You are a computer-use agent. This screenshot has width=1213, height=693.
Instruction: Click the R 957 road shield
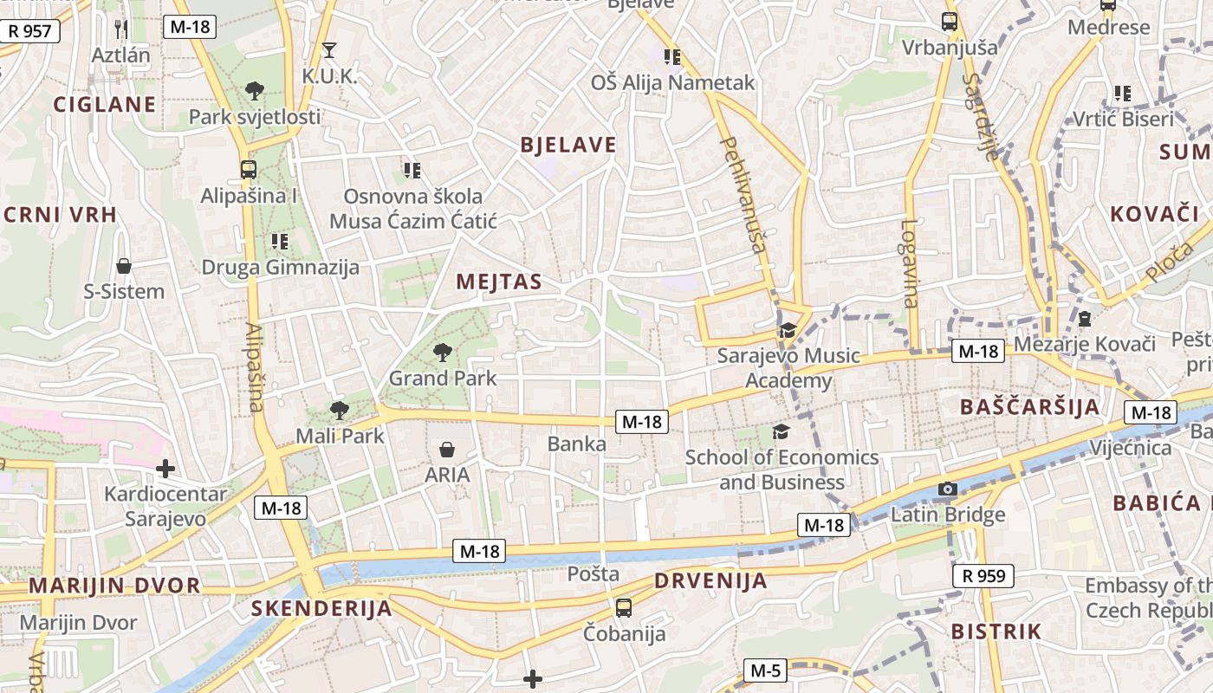tap(29, 31)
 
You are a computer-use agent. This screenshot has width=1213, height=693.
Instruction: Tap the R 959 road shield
tap(984, 575)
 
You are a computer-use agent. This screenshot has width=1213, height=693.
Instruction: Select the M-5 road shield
tap(765, 670)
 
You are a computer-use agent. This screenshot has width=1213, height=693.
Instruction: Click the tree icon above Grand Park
tap(443, 352)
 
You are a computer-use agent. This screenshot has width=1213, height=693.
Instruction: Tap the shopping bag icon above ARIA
tap(447, 449)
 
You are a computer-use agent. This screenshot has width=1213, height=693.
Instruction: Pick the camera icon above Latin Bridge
tap(948, 489)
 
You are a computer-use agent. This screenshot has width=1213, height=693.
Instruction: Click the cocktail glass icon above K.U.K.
tap(329, 49)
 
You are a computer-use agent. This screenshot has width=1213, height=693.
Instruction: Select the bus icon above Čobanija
tap(623, 607)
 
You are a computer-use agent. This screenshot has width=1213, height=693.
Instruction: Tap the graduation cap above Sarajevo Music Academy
tap(788, 330)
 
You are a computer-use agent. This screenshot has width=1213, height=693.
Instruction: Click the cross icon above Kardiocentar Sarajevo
tap(165, 469)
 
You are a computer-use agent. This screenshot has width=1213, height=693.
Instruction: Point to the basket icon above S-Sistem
tap(124, 265)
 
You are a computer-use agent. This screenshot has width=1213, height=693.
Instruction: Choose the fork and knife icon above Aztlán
tap(121, 29)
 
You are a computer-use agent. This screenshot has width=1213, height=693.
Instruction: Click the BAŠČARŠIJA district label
tap(1029, 407)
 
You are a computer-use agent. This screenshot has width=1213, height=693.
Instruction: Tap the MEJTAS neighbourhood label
tap(499, 282)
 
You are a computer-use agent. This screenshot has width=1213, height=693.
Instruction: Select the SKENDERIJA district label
tap(321, 608)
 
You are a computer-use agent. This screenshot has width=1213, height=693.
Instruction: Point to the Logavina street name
tap(908, 263)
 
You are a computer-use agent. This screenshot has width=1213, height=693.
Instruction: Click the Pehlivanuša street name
tap(744, 195)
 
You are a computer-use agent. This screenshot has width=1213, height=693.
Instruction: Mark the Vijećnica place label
tap(1130, 448)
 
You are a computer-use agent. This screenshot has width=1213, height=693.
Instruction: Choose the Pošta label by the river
tap(594, 573)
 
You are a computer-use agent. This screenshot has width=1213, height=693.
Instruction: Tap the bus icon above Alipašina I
tap(249, 170)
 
